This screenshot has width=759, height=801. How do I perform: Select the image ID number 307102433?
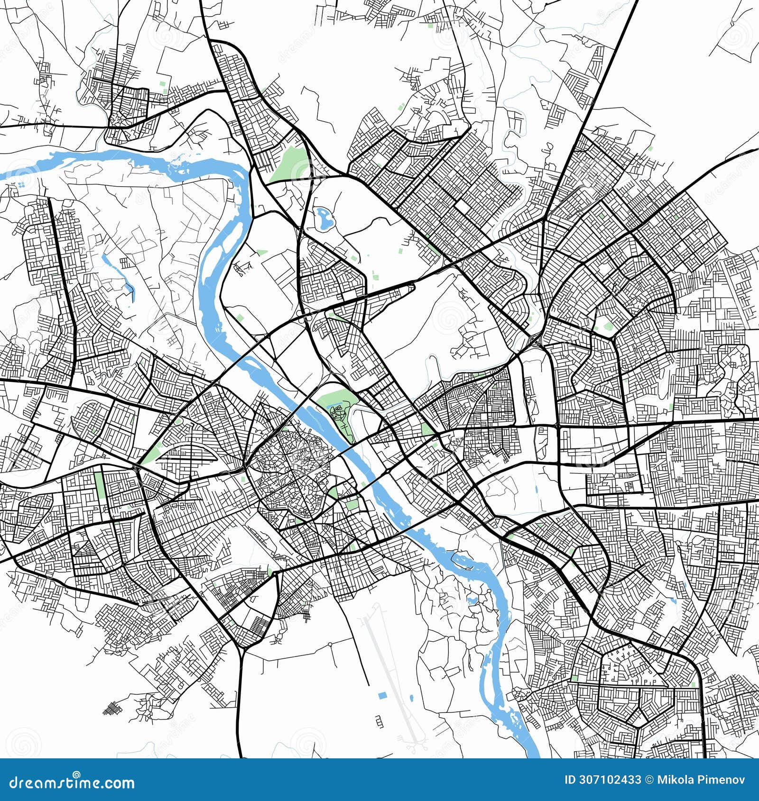[x=611, y=780]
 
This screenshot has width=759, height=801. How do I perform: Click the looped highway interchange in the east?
[x=534, y=340]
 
